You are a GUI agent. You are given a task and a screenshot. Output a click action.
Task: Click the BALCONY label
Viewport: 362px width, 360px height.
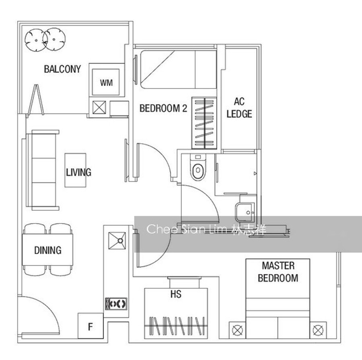(x=62, y=69)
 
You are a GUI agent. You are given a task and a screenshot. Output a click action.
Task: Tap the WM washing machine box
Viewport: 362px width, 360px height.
(x=106, y=82)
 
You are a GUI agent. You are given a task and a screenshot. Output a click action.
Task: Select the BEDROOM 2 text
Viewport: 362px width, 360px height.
(x=163, y=108)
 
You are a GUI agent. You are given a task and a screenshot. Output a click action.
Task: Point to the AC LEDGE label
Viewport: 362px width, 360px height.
(x=239, y=108)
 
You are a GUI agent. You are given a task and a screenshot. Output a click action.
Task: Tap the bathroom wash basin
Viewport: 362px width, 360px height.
(x=245, y=212)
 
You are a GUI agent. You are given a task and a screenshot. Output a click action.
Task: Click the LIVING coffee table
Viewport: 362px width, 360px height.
(x=76, y=170)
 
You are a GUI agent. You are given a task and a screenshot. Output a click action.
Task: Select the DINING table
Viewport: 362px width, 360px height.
(x=47, y=250)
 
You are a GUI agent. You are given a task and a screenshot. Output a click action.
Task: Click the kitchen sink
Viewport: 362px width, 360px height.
(x=117, y=241)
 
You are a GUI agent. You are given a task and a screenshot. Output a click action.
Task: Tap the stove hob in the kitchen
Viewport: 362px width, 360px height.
(x=116, y=304)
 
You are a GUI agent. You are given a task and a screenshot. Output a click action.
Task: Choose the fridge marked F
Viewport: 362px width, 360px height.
(x=90, y=326)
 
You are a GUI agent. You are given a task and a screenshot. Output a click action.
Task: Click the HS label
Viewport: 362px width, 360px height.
(x=176, y=294)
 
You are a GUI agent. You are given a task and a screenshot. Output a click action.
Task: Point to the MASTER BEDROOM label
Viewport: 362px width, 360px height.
(x=278, y=272)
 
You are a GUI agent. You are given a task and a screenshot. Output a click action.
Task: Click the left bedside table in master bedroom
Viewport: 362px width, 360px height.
(x=237, y=330)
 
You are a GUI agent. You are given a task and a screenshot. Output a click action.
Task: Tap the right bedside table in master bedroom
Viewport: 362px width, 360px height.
(x=318, y=330)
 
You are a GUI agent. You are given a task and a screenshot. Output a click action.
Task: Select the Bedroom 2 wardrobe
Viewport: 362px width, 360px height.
(x=204, y=123)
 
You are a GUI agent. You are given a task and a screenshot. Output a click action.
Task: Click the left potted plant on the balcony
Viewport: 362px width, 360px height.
(x=36, y=40)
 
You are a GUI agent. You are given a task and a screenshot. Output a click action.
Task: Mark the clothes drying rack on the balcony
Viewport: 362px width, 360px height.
(x=36, y=100)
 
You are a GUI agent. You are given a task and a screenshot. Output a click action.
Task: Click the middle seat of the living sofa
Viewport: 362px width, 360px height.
(x=43, y=170)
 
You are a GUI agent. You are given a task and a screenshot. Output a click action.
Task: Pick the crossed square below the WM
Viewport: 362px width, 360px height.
(x=99, y=108)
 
